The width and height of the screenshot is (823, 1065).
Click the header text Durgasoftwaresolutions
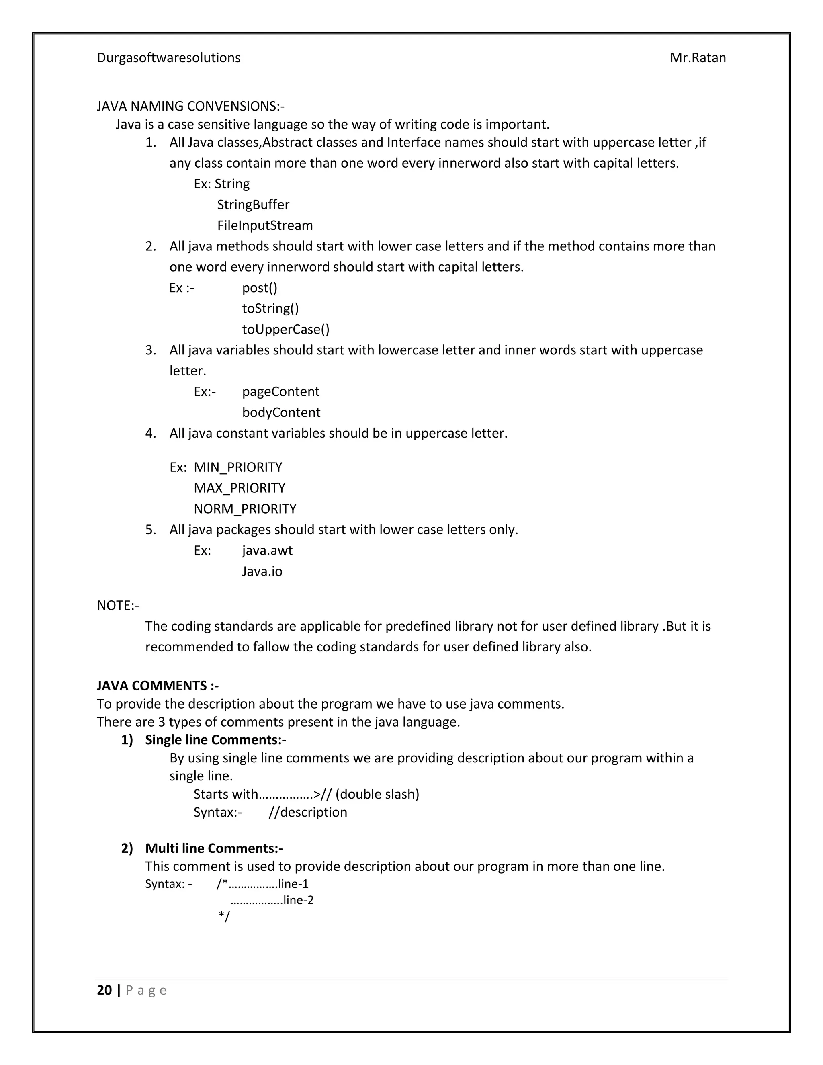(x=168, y=58)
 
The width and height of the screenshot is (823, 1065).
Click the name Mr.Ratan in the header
(x=697, y=58)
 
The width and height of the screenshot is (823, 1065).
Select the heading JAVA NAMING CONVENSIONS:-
(x=190, y=106)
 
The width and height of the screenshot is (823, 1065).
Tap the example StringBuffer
(x=253, y=205)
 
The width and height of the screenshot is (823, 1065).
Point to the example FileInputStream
(x=265, y=226)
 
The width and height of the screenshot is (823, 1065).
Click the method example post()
(x=259, y=288)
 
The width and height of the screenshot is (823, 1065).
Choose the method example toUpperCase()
(x=286, y=330)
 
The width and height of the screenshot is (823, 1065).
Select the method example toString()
(x=270, y=309)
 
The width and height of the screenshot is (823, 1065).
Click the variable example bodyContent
(x=281, y=413)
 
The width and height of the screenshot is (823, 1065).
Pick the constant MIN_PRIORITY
(x=238, y=468)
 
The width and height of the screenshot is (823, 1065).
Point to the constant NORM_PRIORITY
(x=245, y=509)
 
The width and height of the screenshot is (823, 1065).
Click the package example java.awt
(x=267, y=551)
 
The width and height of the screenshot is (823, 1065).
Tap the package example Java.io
(x=262, y=571)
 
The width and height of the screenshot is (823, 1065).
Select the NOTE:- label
(x=118, y=606)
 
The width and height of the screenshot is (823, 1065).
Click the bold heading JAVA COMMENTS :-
(x=158, y=686)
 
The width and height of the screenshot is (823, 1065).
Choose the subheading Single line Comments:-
(x=215, y=740)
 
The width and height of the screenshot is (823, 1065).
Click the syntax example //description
(x=308, y=812)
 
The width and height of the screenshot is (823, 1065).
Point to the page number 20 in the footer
(x=104, y=990)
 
